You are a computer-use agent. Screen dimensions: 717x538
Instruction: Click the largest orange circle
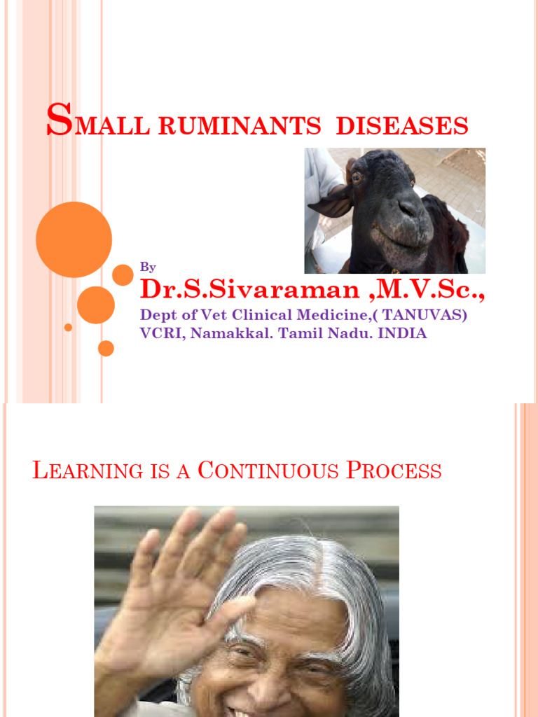74,239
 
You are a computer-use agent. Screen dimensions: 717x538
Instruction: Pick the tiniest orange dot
68,327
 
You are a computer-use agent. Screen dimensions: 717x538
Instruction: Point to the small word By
148,267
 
